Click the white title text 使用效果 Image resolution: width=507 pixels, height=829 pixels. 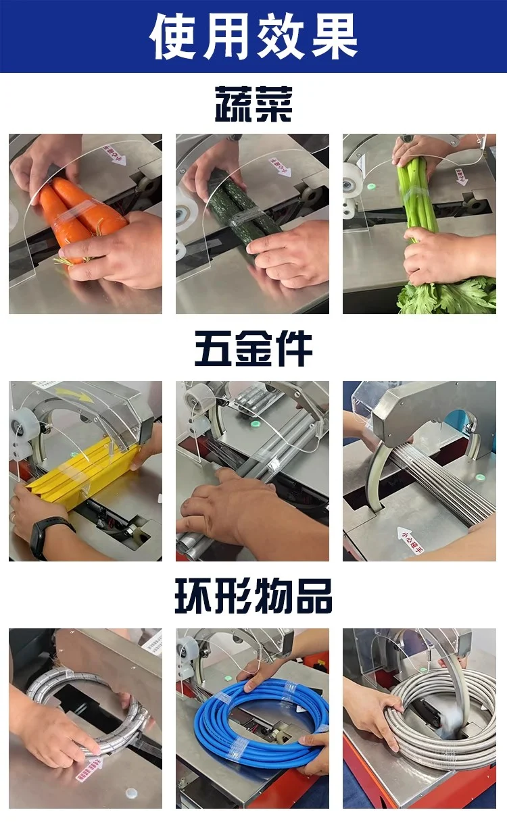click(254, 36)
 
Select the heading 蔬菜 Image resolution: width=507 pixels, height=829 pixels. click(254, 104)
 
